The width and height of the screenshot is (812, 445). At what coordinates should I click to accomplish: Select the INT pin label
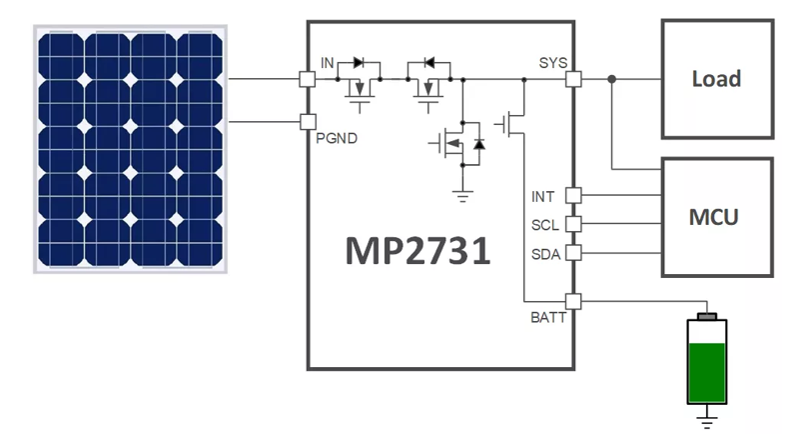pyautogui.click(x=543, y=195)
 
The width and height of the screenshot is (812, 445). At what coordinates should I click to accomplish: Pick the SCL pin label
pyautogui.click(x=544, y=224)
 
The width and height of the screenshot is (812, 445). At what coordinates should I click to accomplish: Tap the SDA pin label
pyautogui.click(x=544, y=254)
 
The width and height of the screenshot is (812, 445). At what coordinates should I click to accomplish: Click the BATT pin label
pyautogui.click(x=548, y=318)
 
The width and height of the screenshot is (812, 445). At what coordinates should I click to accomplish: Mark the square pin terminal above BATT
pyautogui.click(x=573, y=300)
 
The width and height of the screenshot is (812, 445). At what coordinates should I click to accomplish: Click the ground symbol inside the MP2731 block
pyautogui.click(x=461, y=196)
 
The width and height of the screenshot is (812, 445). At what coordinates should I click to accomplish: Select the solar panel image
pyautogui.click(x=131, y=149)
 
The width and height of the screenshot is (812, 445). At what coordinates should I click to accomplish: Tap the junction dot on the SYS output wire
pyautogui.click(x=611, y=78)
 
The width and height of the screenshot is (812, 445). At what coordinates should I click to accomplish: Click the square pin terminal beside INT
pyautogui.click(x=573, y=195)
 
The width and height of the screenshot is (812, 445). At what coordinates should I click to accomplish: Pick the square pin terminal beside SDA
pyautogui.click(x=573, y=254)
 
